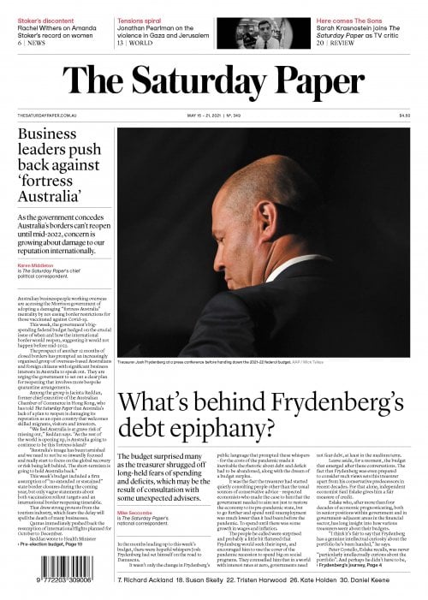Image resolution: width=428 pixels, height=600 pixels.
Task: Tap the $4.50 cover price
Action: coord(404,116)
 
